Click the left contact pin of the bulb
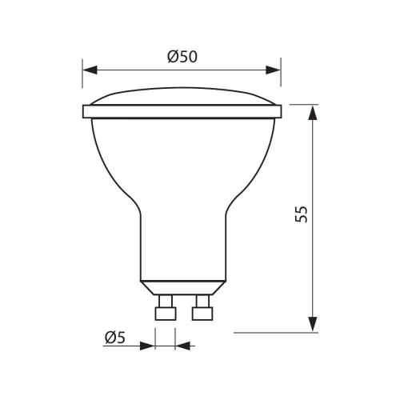click(165, 308)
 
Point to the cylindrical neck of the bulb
click(182, 240)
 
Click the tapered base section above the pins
click(182, 286)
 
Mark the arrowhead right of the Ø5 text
click(149, 346)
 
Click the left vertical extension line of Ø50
click(83, 80)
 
